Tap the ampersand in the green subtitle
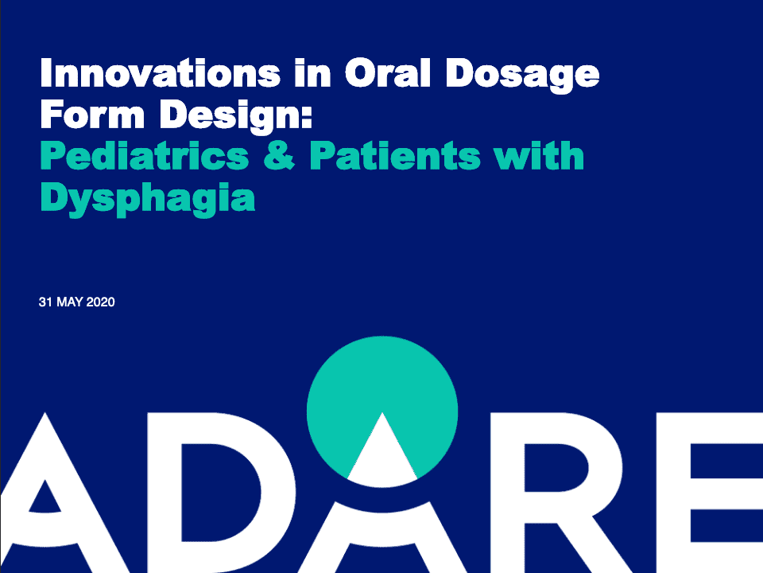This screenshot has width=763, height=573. tap(279, 157)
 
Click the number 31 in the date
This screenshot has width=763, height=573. tap(45, 302)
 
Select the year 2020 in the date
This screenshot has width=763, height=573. tap(101, 302)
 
